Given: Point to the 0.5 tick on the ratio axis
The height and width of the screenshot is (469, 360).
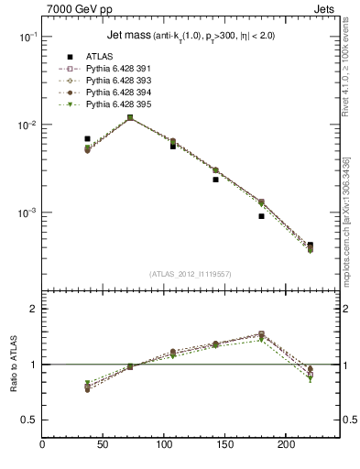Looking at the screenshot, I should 28,420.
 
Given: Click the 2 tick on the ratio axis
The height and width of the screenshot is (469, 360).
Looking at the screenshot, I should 33,310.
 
